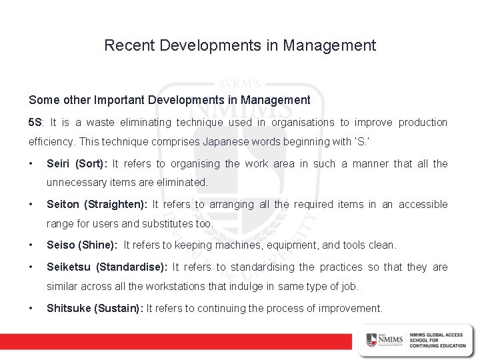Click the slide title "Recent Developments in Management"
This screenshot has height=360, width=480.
[240, 46]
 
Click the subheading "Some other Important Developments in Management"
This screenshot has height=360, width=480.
[169, 100]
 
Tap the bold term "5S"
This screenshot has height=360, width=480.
[35, 123]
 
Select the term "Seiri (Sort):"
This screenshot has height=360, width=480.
[77, 164]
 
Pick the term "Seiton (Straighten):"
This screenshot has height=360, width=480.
[98, 205]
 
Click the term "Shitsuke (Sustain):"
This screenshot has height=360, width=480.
[95, 308]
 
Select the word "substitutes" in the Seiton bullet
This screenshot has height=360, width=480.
[164, 223]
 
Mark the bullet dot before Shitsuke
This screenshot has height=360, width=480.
[31, 308]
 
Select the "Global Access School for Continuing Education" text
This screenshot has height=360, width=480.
[437, 339]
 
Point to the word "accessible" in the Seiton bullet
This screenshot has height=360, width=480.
[423, 205]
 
